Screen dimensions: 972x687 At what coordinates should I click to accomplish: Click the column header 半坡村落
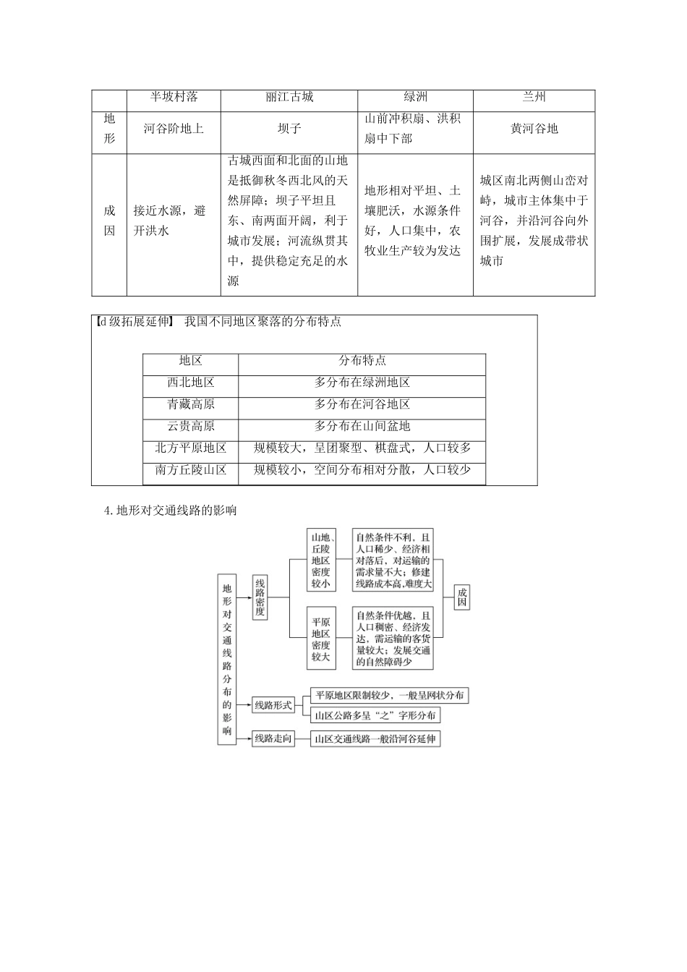(174, 97)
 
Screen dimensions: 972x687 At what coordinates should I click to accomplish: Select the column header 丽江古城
(289, 97)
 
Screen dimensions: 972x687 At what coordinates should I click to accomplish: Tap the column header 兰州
(534, 97)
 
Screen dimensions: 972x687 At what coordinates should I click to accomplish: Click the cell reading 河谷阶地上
(174, 129)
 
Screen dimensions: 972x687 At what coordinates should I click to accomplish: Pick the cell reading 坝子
(289, 129)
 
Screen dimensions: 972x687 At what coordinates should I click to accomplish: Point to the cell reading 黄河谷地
(534, 129)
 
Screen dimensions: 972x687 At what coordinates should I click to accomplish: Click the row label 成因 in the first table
(109, 221)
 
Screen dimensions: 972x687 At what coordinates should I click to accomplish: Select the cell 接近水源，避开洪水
(170, 221)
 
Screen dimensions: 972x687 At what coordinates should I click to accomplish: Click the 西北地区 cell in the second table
(191, 383)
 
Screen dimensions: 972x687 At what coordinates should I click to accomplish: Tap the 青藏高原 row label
(191, 404)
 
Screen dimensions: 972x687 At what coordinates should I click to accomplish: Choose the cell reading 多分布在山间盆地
(362, 426)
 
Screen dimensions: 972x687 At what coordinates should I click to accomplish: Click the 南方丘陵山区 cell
(191, 470)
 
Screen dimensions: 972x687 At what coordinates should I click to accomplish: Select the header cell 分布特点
(362, 361)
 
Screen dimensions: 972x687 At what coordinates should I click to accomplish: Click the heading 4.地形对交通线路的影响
(171, 511)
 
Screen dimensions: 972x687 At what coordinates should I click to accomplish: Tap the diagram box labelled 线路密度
(260, 597)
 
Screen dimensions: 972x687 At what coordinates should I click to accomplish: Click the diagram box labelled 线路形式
(273, 704)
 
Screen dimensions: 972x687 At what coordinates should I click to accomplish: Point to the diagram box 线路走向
(273, 738)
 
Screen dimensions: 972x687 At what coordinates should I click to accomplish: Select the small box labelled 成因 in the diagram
(462, 597)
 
